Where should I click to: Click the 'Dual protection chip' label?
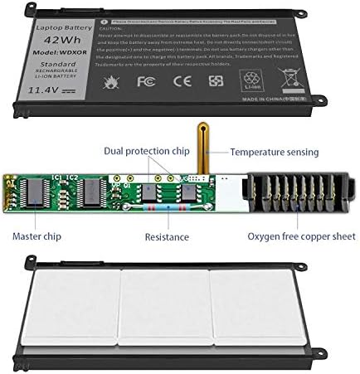point(145,152)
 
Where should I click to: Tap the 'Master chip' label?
point(36,237)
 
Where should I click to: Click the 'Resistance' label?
point(166,237)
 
